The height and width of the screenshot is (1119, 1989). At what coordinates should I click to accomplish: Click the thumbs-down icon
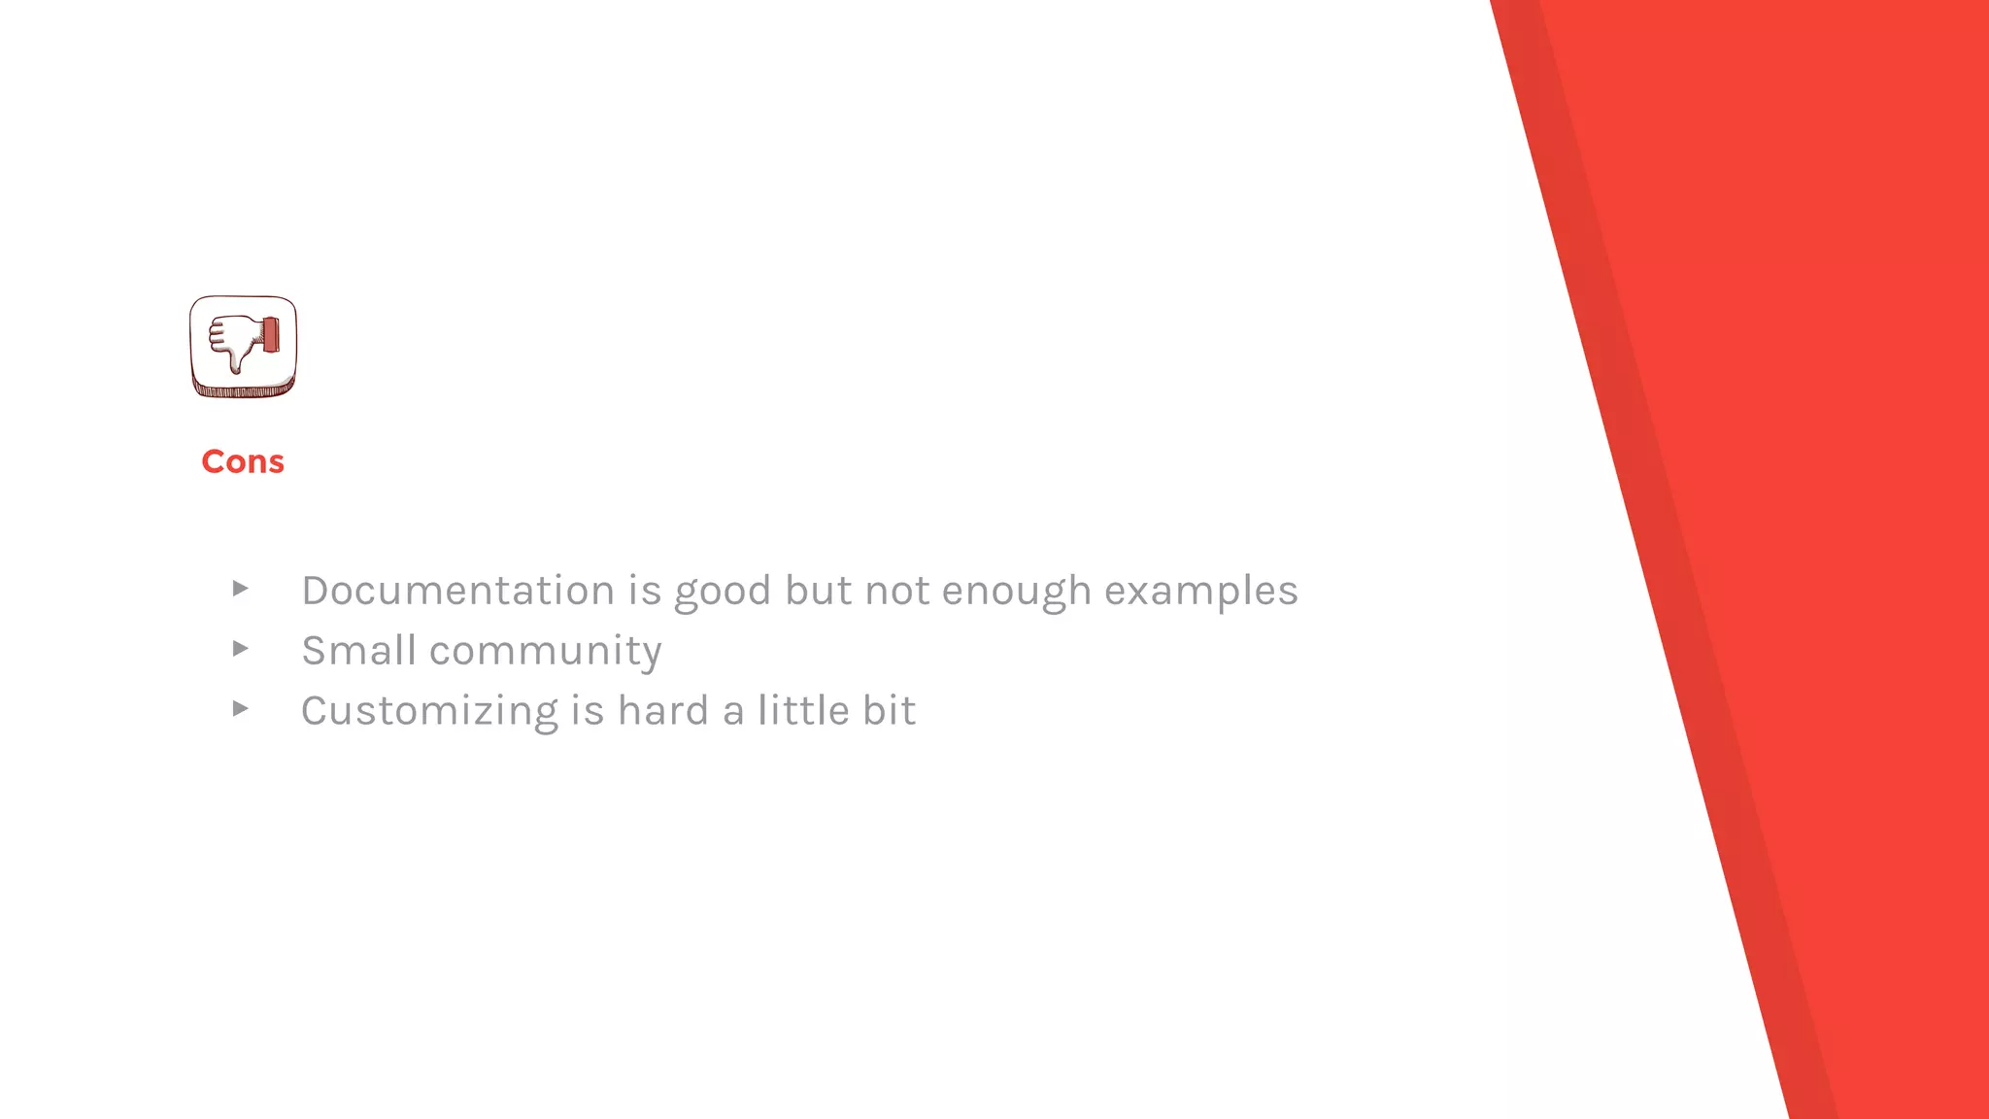pos(243,347)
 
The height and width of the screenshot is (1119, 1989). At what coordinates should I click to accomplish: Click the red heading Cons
pos(243,461)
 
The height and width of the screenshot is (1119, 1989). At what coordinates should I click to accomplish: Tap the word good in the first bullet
pos(723,591)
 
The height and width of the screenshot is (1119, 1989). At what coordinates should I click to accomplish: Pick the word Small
pos(358,651)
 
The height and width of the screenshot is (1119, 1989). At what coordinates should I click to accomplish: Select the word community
pos(545,651)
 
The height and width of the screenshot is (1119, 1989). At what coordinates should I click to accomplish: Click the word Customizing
pos(429,711)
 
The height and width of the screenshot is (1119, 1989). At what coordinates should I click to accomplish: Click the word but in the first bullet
pos(818,591)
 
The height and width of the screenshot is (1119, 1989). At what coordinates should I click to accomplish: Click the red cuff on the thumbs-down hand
pos(270,335)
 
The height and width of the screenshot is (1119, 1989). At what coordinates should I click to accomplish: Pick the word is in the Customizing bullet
pos(588,711)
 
